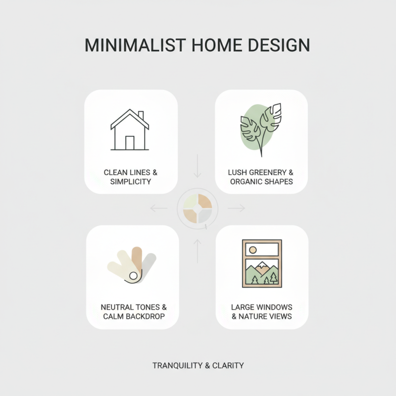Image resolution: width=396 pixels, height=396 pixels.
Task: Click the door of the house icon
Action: (x=130, y=143)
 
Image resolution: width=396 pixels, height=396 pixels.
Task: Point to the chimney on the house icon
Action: (x=141, y=116)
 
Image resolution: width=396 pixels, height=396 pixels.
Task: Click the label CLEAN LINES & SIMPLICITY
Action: (x=131, y=177)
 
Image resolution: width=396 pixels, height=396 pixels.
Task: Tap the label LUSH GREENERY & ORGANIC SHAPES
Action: (x=261, y=177)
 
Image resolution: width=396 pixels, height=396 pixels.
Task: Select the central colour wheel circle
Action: (x=198, y=208)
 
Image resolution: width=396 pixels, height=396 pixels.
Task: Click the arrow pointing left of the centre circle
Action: (x=158, y=208)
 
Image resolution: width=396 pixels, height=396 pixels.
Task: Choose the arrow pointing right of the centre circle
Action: (x=237, y=208)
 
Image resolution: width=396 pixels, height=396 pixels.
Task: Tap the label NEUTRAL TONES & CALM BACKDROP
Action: (x=133, y=312)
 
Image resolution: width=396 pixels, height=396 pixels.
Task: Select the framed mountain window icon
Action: (x=262, y=263)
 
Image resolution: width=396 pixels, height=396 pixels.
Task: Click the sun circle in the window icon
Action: (x=252, y=249)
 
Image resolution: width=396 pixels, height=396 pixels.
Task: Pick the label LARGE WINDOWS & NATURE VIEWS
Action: (x=262, y=312)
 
